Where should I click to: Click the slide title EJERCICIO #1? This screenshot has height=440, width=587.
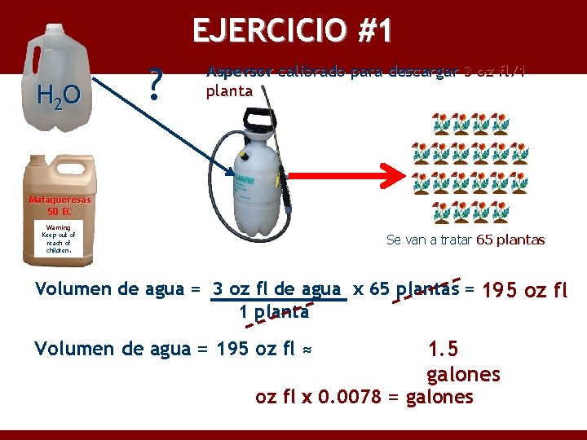pyautogui.click(x=293, y=31)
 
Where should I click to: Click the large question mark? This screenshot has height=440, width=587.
pyautogui.click(x=157, y=82)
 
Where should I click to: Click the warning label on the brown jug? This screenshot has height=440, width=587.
pyautogui.click(x=58, y=239)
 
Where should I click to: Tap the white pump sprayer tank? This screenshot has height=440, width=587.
pyautogui.click(x=258, y=187)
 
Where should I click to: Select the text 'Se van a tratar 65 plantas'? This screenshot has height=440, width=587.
pyautogui.click(x=465, y=240)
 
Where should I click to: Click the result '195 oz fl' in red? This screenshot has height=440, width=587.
pyautogui.click(x=525, y=289)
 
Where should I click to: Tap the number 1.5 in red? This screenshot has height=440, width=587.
pyautogui.click(x=443, y=349)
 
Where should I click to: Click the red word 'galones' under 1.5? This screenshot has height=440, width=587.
pyautogui.click(x=462, y=374)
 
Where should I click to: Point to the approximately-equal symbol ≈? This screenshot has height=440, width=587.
pyautogui.click(x=307, y=350)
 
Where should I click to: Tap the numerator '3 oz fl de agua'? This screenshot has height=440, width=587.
pyautogui.click(x=278, y=288)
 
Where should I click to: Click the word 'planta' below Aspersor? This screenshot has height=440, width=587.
pyautogui.click(x=230, y=90)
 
